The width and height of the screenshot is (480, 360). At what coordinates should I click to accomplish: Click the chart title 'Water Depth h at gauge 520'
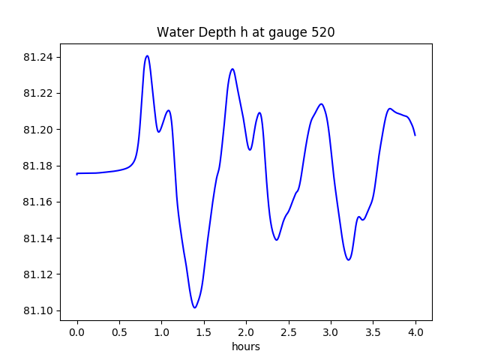pyautogui.click(x=245, y=32)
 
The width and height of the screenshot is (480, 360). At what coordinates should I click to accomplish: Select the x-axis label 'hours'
pyautogui.click(x=246, y=347)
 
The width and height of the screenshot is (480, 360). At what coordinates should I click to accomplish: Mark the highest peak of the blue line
pyautogui.click(x=147, y=55)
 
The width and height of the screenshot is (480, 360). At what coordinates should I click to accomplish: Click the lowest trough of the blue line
pyautogui.click(x=194, y=307)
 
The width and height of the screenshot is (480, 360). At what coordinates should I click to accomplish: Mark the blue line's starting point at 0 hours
pyautogui.click(x=77, y=174)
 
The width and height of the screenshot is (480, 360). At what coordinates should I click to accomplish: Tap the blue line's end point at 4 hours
pyautogui.click(x=415, y=135)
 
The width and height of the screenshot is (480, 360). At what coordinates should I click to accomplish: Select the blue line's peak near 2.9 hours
pyautogui.click(x=321, y=103)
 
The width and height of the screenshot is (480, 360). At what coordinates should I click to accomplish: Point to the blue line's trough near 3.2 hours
pyautogui.click(x=349, y=259)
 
